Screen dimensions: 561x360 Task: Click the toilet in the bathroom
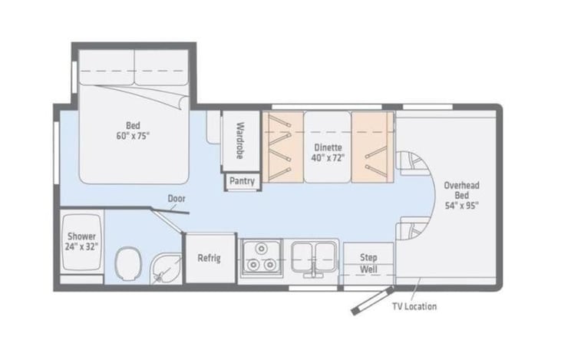click(x=128, y=264)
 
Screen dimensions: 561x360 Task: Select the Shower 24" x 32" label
click(x=81, y=242)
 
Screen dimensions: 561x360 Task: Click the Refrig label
click(x=210, y=258)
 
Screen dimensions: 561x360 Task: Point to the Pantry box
click(x=243, y=181)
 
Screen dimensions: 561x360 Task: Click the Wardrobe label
click(x=240, y=140)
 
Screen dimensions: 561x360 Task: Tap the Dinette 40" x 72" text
click(x=328, y=153)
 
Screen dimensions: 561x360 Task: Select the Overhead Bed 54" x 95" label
click(x=461, y=196)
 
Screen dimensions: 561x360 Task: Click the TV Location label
click(x=414, y=307)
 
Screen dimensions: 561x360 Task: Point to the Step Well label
click(x=368, y=263)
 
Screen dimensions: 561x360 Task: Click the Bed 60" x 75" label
click(x=133, y=131)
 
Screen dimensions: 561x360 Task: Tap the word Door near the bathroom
click(x=177, y=199)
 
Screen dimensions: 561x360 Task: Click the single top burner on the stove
click(x=262, y=249)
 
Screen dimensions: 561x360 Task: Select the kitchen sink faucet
click(x=313, y=270)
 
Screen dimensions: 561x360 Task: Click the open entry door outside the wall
click(x=372, y=301)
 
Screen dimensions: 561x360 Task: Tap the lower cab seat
click(x=413, y=229)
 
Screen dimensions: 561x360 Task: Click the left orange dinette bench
click(x=283, y=147)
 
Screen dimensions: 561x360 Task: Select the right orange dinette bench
click(x=372, y=147)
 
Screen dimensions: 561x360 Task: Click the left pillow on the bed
click(x=107, y=68)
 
